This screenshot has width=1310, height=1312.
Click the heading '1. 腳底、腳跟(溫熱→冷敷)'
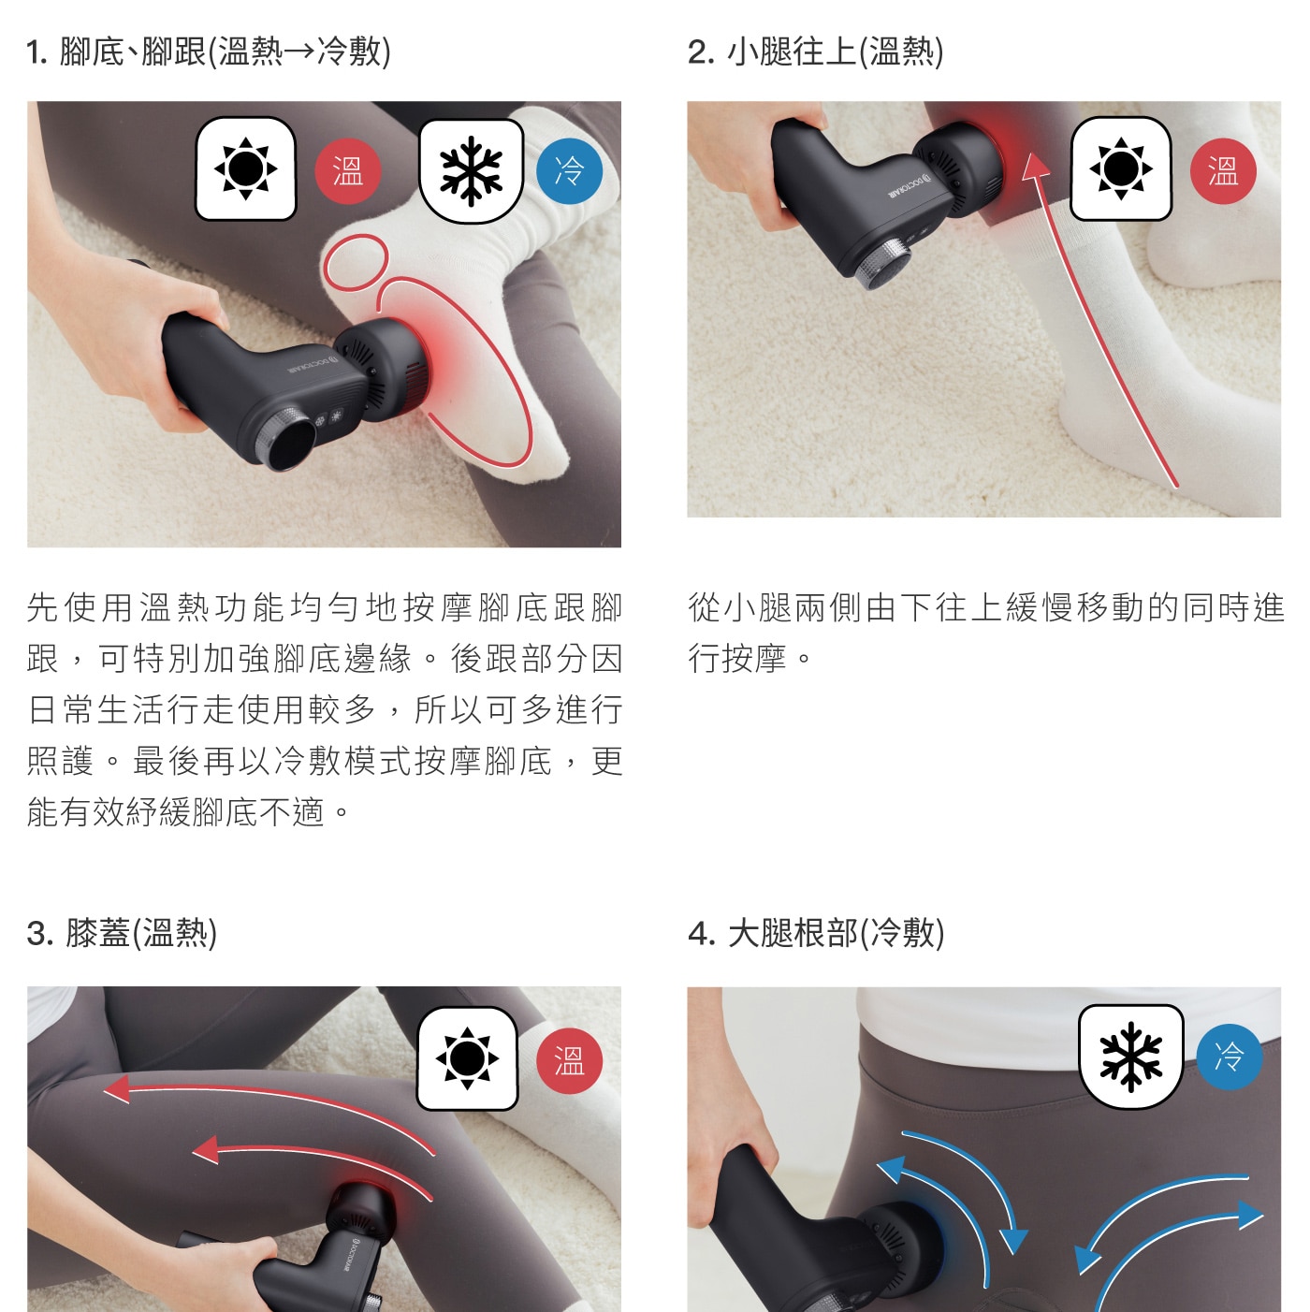tap(209, 51)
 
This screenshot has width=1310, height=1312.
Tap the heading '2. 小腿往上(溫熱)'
tap(816, 51)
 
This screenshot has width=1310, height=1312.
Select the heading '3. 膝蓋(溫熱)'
tap(122, 933)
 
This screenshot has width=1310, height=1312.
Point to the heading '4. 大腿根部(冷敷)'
tap(816, 933)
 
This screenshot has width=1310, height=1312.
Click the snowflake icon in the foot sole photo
tap(472, 171)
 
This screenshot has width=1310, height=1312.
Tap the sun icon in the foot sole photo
tap(246, 168)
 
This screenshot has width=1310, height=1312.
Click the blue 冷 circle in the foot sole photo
tap(569, 171)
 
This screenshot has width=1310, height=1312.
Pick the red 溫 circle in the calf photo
tap(1223, 171)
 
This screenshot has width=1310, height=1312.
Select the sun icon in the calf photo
tap(1121, 168)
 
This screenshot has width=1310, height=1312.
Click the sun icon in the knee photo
tap(467, 1058)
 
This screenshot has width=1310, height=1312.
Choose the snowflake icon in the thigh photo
tap(1131, 1057)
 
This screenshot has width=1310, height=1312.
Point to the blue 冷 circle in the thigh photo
tap(1230, 1057)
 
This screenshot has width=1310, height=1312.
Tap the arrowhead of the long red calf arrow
tap(1036, 167)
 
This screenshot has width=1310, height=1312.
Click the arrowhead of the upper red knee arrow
tap(117, 1089)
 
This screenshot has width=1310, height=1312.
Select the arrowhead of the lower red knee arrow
tap(206, 1150)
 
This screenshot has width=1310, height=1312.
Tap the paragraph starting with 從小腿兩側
tap(986, 633)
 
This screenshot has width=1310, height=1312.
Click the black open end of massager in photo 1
tap(291, 443)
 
